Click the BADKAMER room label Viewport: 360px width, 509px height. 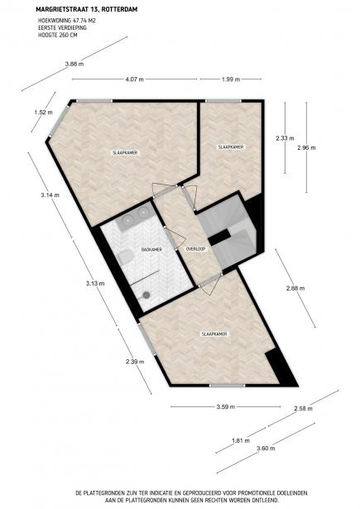point(151,249)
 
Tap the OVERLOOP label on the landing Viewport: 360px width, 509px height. point(195,249)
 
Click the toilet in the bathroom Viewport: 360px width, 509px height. point(123,259)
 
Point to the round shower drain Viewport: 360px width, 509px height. point(146,294)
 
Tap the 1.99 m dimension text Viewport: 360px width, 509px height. point(231,79)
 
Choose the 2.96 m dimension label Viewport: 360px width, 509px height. point(306,148)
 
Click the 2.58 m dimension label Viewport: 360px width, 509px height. point(305,409)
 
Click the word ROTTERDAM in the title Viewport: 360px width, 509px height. point(108,10)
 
